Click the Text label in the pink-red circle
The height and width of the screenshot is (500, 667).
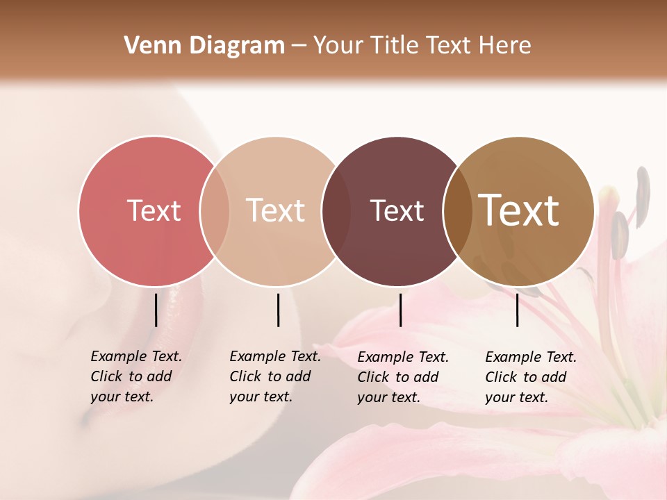point(154,211)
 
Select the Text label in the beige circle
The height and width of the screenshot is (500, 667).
point(276,211)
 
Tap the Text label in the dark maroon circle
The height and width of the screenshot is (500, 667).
point(397,211)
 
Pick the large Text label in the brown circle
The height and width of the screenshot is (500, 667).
point(519,210)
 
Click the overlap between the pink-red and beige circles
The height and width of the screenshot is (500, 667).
point(215,211)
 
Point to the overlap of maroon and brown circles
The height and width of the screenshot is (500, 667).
point(455,211)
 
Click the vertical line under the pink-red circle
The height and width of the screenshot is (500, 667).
point(156,310)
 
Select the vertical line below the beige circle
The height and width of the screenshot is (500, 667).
point(278,310)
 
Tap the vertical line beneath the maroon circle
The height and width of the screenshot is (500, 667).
point(400,310)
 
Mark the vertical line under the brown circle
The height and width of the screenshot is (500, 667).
point(517,310)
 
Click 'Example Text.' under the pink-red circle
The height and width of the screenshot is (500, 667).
point(136,357)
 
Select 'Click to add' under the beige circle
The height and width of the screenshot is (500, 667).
point(270,377)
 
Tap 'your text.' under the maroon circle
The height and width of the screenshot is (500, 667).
point(388,398)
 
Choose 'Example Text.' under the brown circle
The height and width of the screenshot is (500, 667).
point(531,358)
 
